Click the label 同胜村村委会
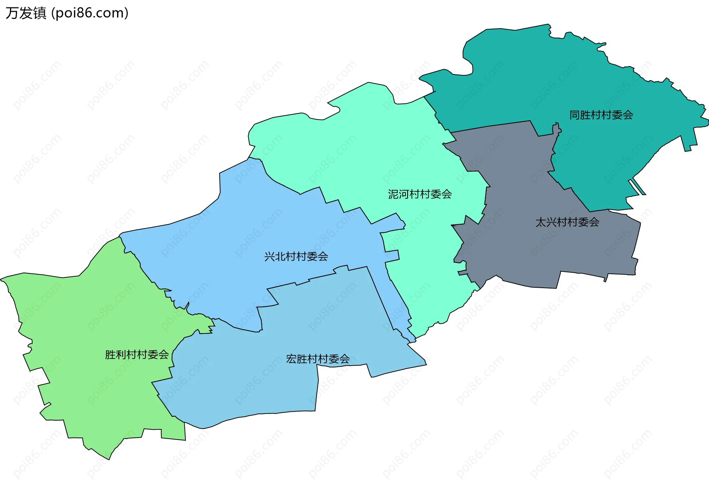[601, 115]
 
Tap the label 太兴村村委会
[567, 222]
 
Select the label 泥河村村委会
[420, 194]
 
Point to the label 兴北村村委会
[296, 256]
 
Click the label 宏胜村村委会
[318, 359]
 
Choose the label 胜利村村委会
[137, 355]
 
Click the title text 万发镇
[26, 13]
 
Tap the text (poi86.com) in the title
[90, 13]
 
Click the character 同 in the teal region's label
[575, 115]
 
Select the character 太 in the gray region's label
[541, 222]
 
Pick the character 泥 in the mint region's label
[393, 194]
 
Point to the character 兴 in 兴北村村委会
[270, 256]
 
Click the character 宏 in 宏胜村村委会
[291, 359]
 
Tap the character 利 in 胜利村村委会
[121, 355]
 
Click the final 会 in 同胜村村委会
[628, 115]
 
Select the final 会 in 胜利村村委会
[164, 355]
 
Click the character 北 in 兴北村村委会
[280, 256]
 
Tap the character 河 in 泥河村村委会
[404, 194]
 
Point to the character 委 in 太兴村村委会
[583, 222]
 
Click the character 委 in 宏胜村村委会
[334, 359]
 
